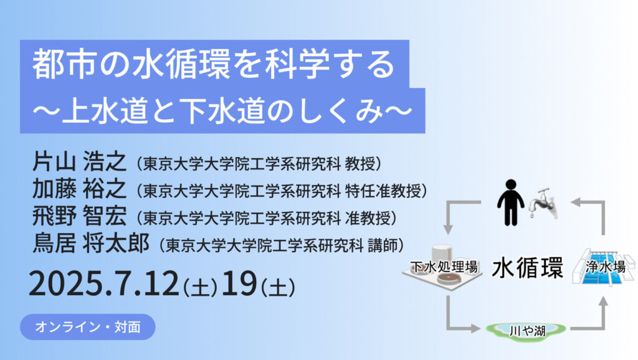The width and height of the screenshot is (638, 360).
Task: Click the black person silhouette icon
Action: pyautogui.click(x=510, y=202)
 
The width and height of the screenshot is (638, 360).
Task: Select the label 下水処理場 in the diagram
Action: pyautogui.click(x=444, y=267)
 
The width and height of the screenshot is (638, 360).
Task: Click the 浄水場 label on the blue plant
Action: pyautogui.click(x=606, y=267)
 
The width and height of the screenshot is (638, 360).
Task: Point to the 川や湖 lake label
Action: pyautogui.click(x=527, y=331)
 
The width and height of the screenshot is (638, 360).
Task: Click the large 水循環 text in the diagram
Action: pyautogui.click(x=527, y=267)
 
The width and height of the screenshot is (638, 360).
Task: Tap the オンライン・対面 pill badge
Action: pyautogui.click(x=87, y=326)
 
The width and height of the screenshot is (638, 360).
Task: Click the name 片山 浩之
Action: pyautogui.click(x=79, y=161)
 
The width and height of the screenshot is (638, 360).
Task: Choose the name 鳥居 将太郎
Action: pyautogui.click(x=91, y=243)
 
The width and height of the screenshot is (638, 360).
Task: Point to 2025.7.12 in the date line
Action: pyautogui.click(x=104, y=283)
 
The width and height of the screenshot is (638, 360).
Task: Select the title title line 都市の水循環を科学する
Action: pyautogui.click(x=214, y=64)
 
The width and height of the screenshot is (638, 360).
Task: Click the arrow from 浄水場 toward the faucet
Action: pyautogui.click(x=596, y=212)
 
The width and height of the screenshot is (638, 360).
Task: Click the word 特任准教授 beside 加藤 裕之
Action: pyautogui.click(x=383, y=191)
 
